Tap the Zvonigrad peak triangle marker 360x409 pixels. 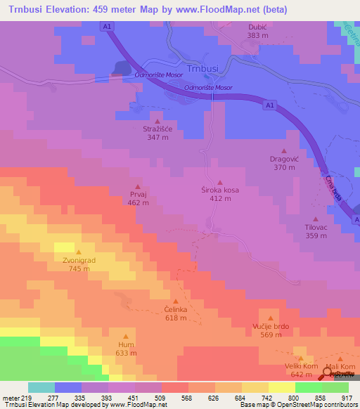78,252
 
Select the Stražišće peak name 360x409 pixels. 157,129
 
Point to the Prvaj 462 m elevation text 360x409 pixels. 138,203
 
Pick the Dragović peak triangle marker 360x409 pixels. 284,151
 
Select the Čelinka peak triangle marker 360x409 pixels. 176,301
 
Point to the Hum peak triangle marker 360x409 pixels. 126,337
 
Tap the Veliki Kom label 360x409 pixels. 301,366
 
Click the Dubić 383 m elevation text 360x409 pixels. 258,35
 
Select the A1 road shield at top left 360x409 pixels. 106,26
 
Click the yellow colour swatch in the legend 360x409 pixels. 282,387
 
